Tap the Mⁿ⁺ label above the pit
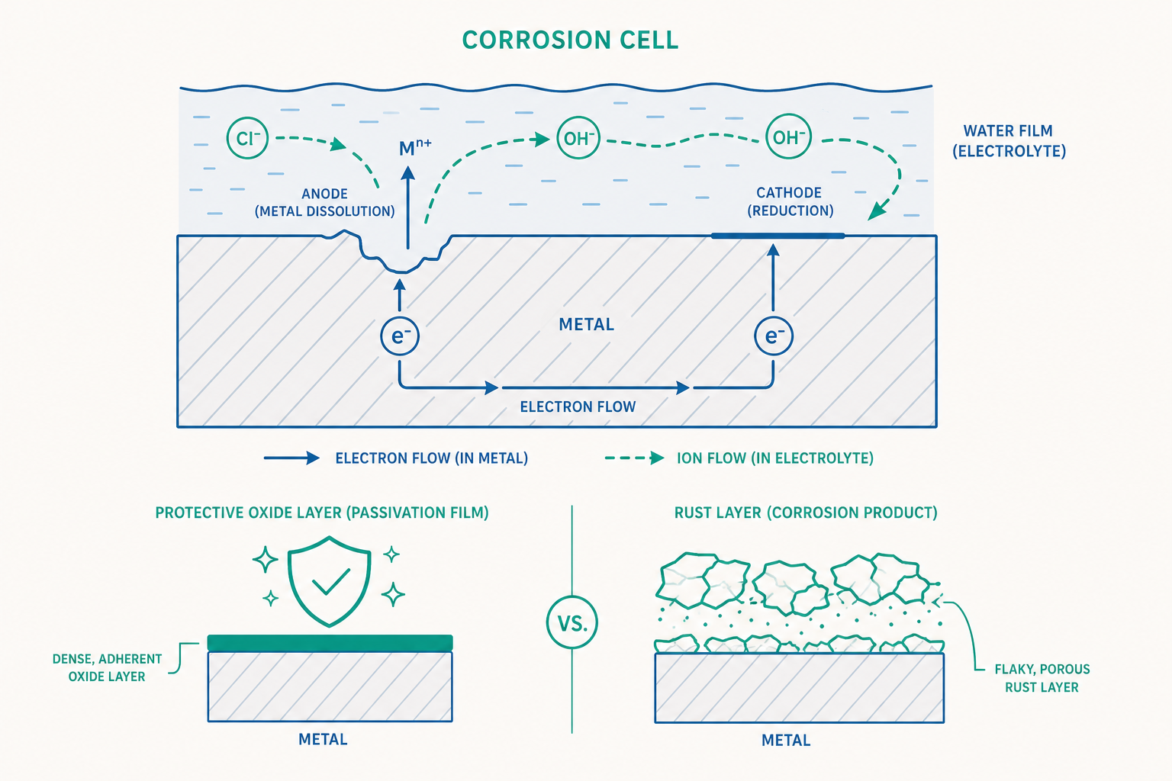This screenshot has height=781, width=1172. point(415,147)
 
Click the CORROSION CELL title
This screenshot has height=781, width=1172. point(570,40)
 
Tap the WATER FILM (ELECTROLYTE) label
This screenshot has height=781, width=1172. point(1009,140)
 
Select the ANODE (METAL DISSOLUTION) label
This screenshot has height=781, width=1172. point(324,202)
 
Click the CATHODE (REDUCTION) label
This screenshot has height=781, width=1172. point(790,201)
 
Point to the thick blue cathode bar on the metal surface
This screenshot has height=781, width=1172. point(778,236)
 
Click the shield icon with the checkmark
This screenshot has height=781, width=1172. point(329,581)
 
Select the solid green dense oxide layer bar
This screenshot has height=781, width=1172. point(330,643)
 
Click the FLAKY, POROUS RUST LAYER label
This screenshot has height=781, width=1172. point(1042,678)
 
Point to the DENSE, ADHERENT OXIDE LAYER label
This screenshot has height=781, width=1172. point(108,667)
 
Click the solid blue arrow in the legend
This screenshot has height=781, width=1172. point(291,458)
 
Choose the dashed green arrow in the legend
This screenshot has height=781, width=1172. point(634,458)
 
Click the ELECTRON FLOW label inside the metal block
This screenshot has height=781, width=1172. point(578,407)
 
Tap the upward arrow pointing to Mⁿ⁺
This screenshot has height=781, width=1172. point(407,207)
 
